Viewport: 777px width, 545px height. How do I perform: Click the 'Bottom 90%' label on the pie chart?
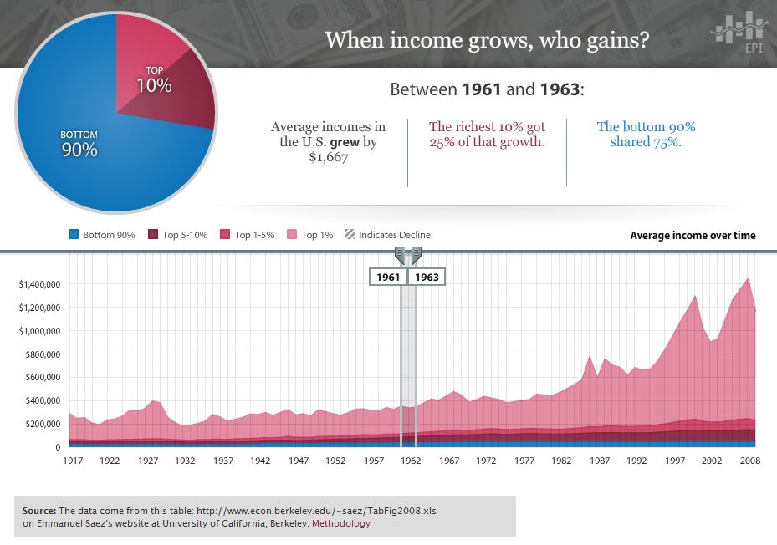(x=79, y=144)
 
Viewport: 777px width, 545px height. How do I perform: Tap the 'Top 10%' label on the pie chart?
(x=155, y=79)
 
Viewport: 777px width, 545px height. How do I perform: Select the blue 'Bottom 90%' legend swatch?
(x=74, y=235)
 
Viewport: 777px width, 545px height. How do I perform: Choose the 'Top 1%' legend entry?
(x=311, y=235)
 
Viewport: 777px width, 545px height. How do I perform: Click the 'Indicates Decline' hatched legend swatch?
(x=350, y=235)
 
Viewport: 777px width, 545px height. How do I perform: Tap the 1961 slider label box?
(x=388, y=277)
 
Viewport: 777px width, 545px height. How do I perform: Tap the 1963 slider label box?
(x=427, y=277)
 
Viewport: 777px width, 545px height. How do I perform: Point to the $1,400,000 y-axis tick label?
(x=38, y=284)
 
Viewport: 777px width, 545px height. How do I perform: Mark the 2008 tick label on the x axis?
(x=749, y=461)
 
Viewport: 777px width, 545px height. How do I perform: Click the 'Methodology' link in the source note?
(x=341, y=524)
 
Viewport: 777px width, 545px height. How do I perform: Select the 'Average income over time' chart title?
(x=693, y=235)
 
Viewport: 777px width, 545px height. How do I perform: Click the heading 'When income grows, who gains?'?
(x=486, y=39)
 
